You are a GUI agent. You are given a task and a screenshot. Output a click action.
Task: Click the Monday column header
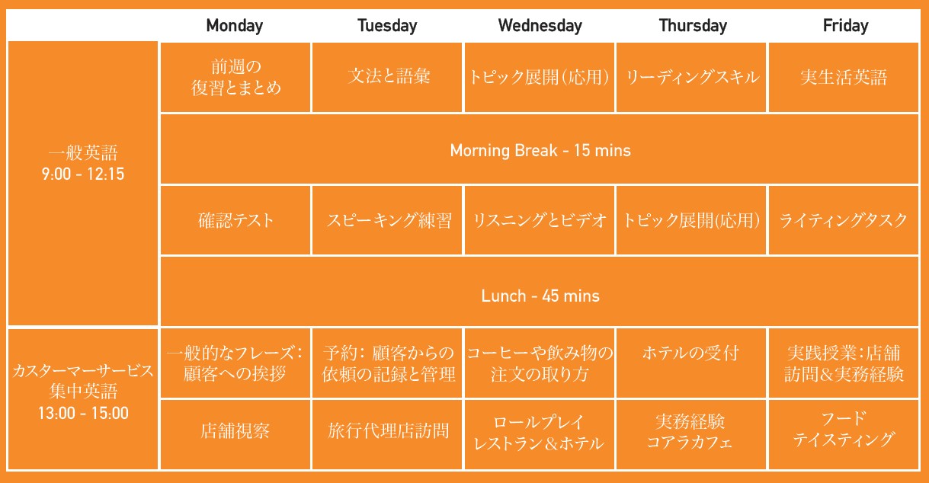(235, 26)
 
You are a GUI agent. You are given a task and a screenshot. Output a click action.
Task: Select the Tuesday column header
(387, 26)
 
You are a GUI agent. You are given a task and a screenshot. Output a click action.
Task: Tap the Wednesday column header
(540, 26)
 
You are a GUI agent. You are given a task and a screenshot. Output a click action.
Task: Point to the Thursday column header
(693, 26)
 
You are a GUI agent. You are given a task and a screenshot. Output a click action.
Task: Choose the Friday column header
(845, 26)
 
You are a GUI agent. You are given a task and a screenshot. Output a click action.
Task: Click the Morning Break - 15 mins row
(540, 150)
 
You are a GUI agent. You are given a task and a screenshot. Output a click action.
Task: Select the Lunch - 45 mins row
(540, 296)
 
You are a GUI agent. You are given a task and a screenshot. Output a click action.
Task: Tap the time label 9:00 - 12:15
(82, 174)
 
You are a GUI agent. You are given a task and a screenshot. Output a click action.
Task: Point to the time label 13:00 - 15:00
(82, 414)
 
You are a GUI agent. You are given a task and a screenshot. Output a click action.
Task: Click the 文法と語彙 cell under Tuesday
(388, 77)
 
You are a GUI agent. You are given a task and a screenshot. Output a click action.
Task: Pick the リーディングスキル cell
(692, 77)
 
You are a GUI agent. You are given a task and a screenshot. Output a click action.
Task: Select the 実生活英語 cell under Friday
(844, 77)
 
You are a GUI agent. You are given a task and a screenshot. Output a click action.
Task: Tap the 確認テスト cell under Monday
(235, 221)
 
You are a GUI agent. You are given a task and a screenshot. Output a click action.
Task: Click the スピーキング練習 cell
(388, 221)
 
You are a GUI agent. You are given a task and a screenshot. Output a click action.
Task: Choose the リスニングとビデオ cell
(540, 221)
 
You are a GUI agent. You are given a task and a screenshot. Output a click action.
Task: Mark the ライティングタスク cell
(844, 221)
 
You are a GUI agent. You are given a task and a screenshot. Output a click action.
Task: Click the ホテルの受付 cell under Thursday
(691, 353)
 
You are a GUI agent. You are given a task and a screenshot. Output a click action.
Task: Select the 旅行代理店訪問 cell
(388, 432)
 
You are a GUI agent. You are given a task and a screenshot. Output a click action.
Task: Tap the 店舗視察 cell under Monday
(235, 432)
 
